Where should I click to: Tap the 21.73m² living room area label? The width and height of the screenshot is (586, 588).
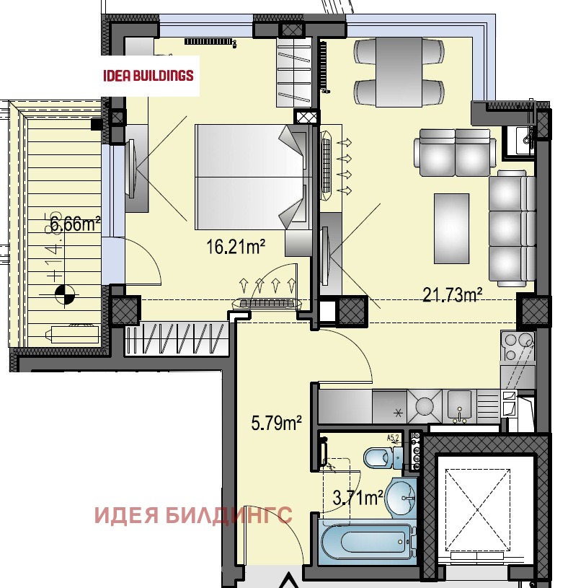point(452,294)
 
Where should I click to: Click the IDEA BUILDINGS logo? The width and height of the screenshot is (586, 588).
point(148,74)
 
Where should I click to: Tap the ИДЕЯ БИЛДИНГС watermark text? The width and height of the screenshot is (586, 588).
point(194,515)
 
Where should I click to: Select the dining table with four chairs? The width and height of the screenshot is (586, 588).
point(399,72)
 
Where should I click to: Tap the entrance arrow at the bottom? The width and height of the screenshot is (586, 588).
point(288,580)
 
